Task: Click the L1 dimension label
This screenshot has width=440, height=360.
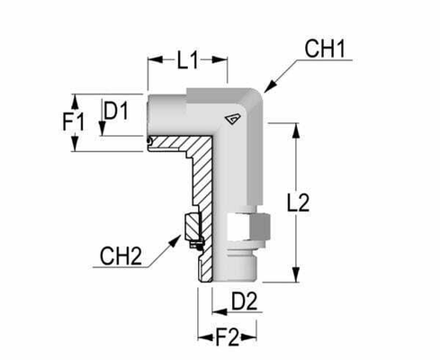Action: (187, 61)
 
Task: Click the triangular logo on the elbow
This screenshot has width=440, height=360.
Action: (234, 116)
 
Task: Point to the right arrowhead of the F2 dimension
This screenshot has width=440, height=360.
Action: (257, 338)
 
